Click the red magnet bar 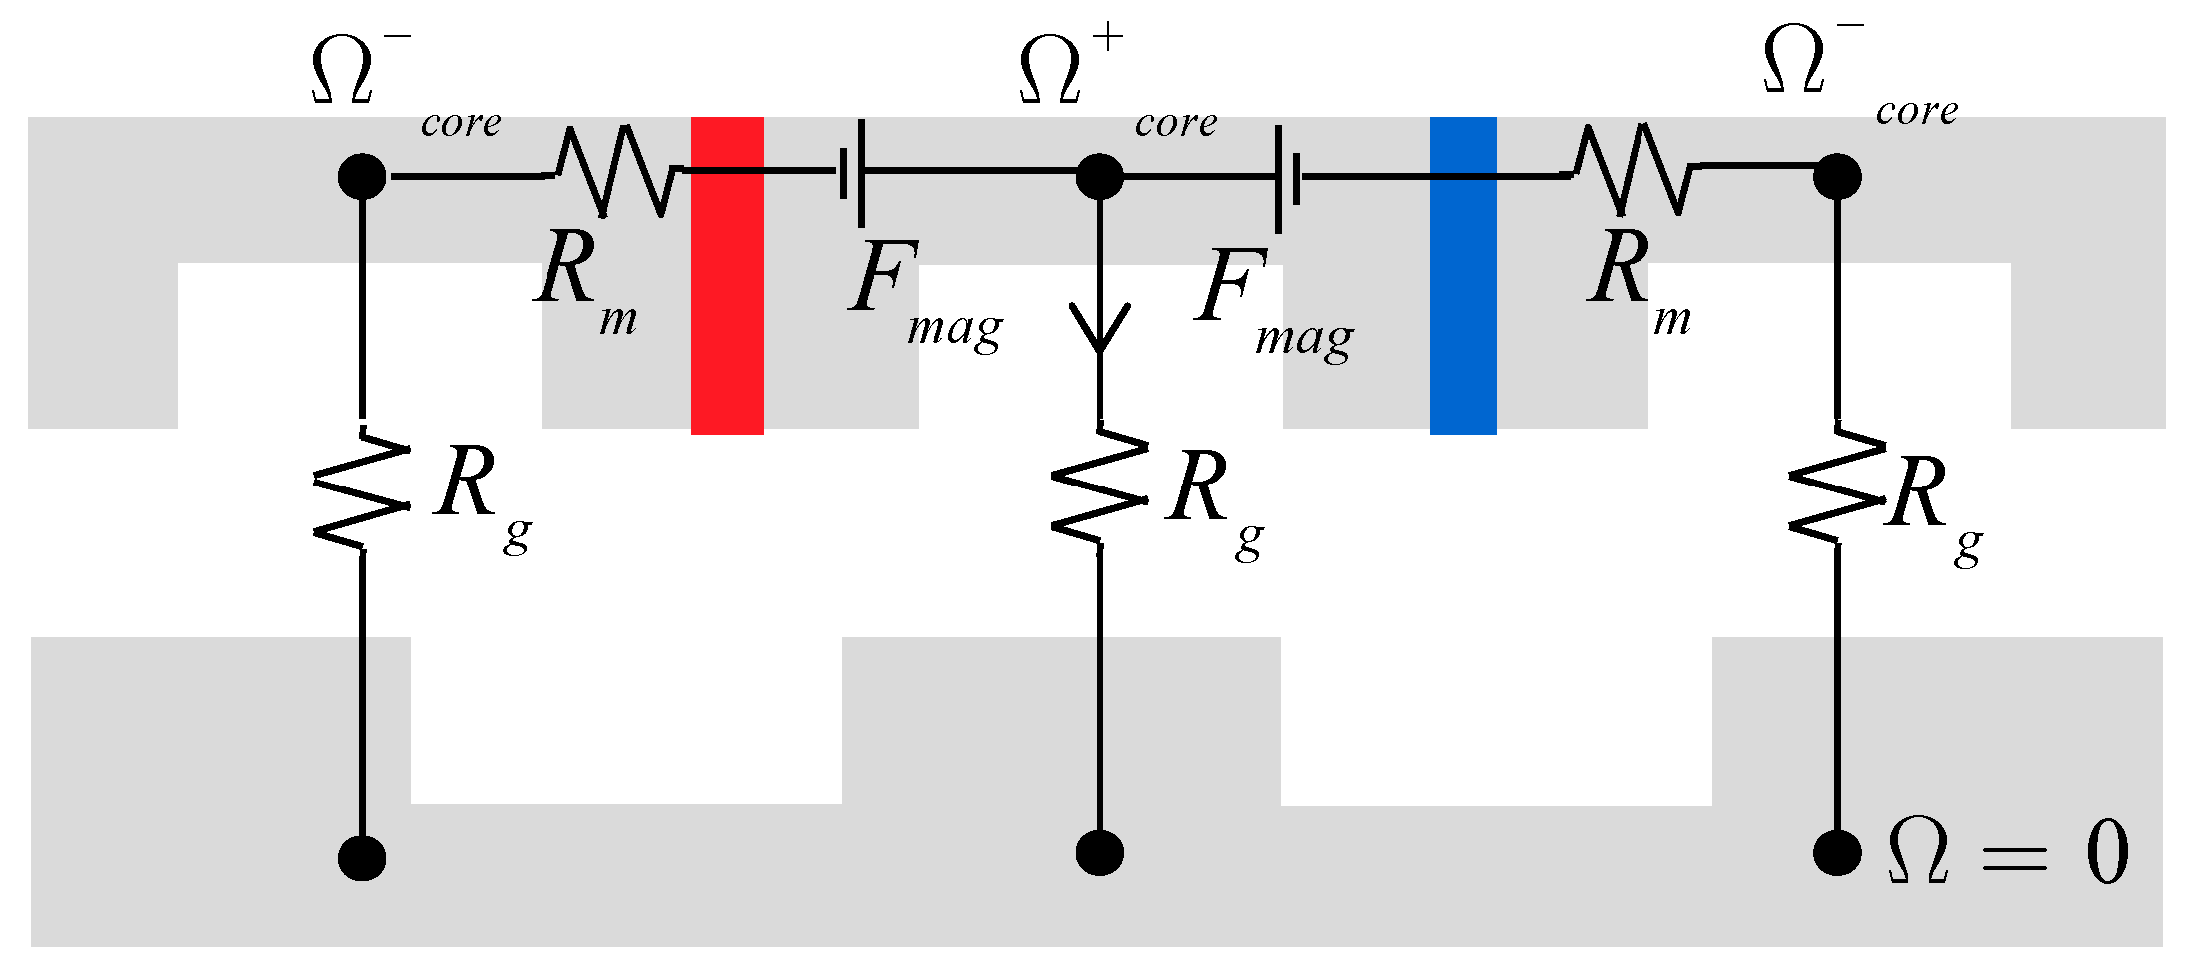[x=727, y=275]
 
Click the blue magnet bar [x=1463, y=275]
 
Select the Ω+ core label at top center [x=1109, y=85]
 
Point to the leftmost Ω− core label [x=400, y=85]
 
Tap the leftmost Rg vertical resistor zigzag [x=362, y=489]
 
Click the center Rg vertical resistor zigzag [x=1100, y=487]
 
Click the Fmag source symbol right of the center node [x=1288, y=178]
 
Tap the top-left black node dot [x=362, y=177]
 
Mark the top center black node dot [x=1100, y=177]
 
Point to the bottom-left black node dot [x=362, y=857]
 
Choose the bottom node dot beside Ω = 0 [x=1837, y=852]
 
